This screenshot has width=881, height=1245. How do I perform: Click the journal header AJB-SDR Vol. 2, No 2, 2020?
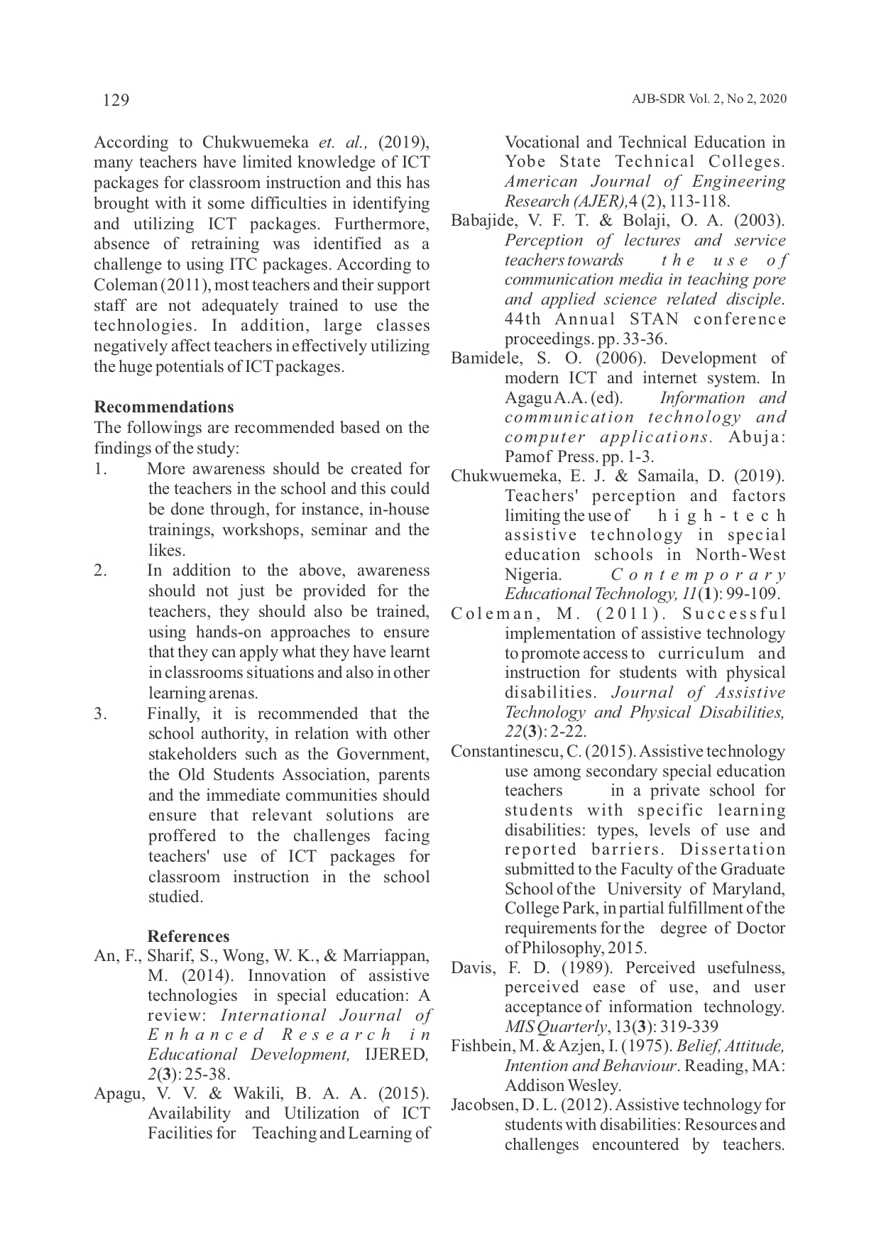[708, 99]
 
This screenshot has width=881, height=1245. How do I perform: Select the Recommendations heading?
[164, 407]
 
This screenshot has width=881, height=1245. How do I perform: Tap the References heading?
[188, 936]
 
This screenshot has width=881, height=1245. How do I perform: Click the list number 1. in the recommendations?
[100, 469]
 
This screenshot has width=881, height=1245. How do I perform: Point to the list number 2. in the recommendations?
[101, 571]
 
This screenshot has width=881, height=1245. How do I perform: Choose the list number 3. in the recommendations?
[101, 714]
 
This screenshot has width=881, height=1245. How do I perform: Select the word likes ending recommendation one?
[165, 551]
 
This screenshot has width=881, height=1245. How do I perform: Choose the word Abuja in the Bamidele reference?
[757, 437]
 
